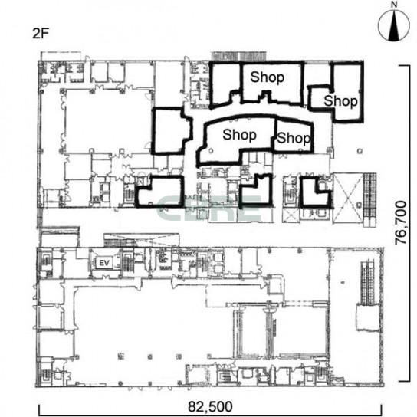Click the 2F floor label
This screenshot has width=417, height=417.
pyautogui.click(x=41, y=34)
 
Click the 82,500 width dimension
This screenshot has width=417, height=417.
pyautogui.click(x=210, y=406)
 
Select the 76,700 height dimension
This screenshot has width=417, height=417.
pyautogui.click(x=401, y=222)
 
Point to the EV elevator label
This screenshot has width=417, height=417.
pyautogui.click(x=104, y=263)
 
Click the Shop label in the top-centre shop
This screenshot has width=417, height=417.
pyautogui.click(x=268, y=77)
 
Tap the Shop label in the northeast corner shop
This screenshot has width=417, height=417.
pyautogui.click(x=340, y=101)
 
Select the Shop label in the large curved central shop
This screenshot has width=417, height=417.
pyautogui.click(x=239, y=135)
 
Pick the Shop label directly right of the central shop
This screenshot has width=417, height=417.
pyautogui.click(x=294, y=138)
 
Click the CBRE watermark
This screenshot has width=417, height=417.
pyautogui.click(x=208, y=209)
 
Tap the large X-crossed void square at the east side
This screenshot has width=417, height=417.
pyautogui.click(x=348, y=198)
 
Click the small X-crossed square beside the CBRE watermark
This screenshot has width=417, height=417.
pyautogui.click(x=291, y=215)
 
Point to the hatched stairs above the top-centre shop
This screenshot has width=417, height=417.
pyautogui.click(x=239, y=56)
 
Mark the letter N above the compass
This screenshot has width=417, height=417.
pyautogui.click(x=394, y=5)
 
